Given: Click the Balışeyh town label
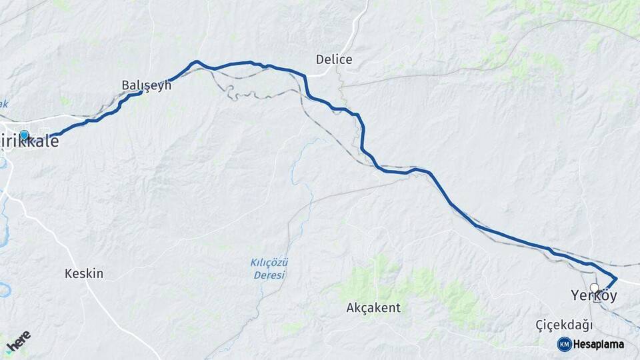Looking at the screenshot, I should click(147, 85).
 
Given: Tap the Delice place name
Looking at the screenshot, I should click(334, 60).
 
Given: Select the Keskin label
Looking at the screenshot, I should click(84, 273).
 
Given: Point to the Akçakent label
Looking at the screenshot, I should click(373, 308).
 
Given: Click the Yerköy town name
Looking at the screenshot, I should click(593, 295).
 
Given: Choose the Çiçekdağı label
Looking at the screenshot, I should click(564, 325).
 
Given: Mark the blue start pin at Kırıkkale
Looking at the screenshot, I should click(25, 135).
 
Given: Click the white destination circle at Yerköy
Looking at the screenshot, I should click(594, 288).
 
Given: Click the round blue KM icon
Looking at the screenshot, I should click(565, 344).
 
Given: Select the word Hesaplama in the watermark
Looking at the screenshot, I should click(599, 344).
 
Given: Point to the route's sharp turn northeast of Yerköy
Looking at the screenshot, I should click(615, 278).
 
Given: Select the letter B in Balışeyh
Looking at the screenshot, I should click(126, 85).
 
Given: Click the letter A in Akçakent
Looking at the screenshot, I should click(351, 308).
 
